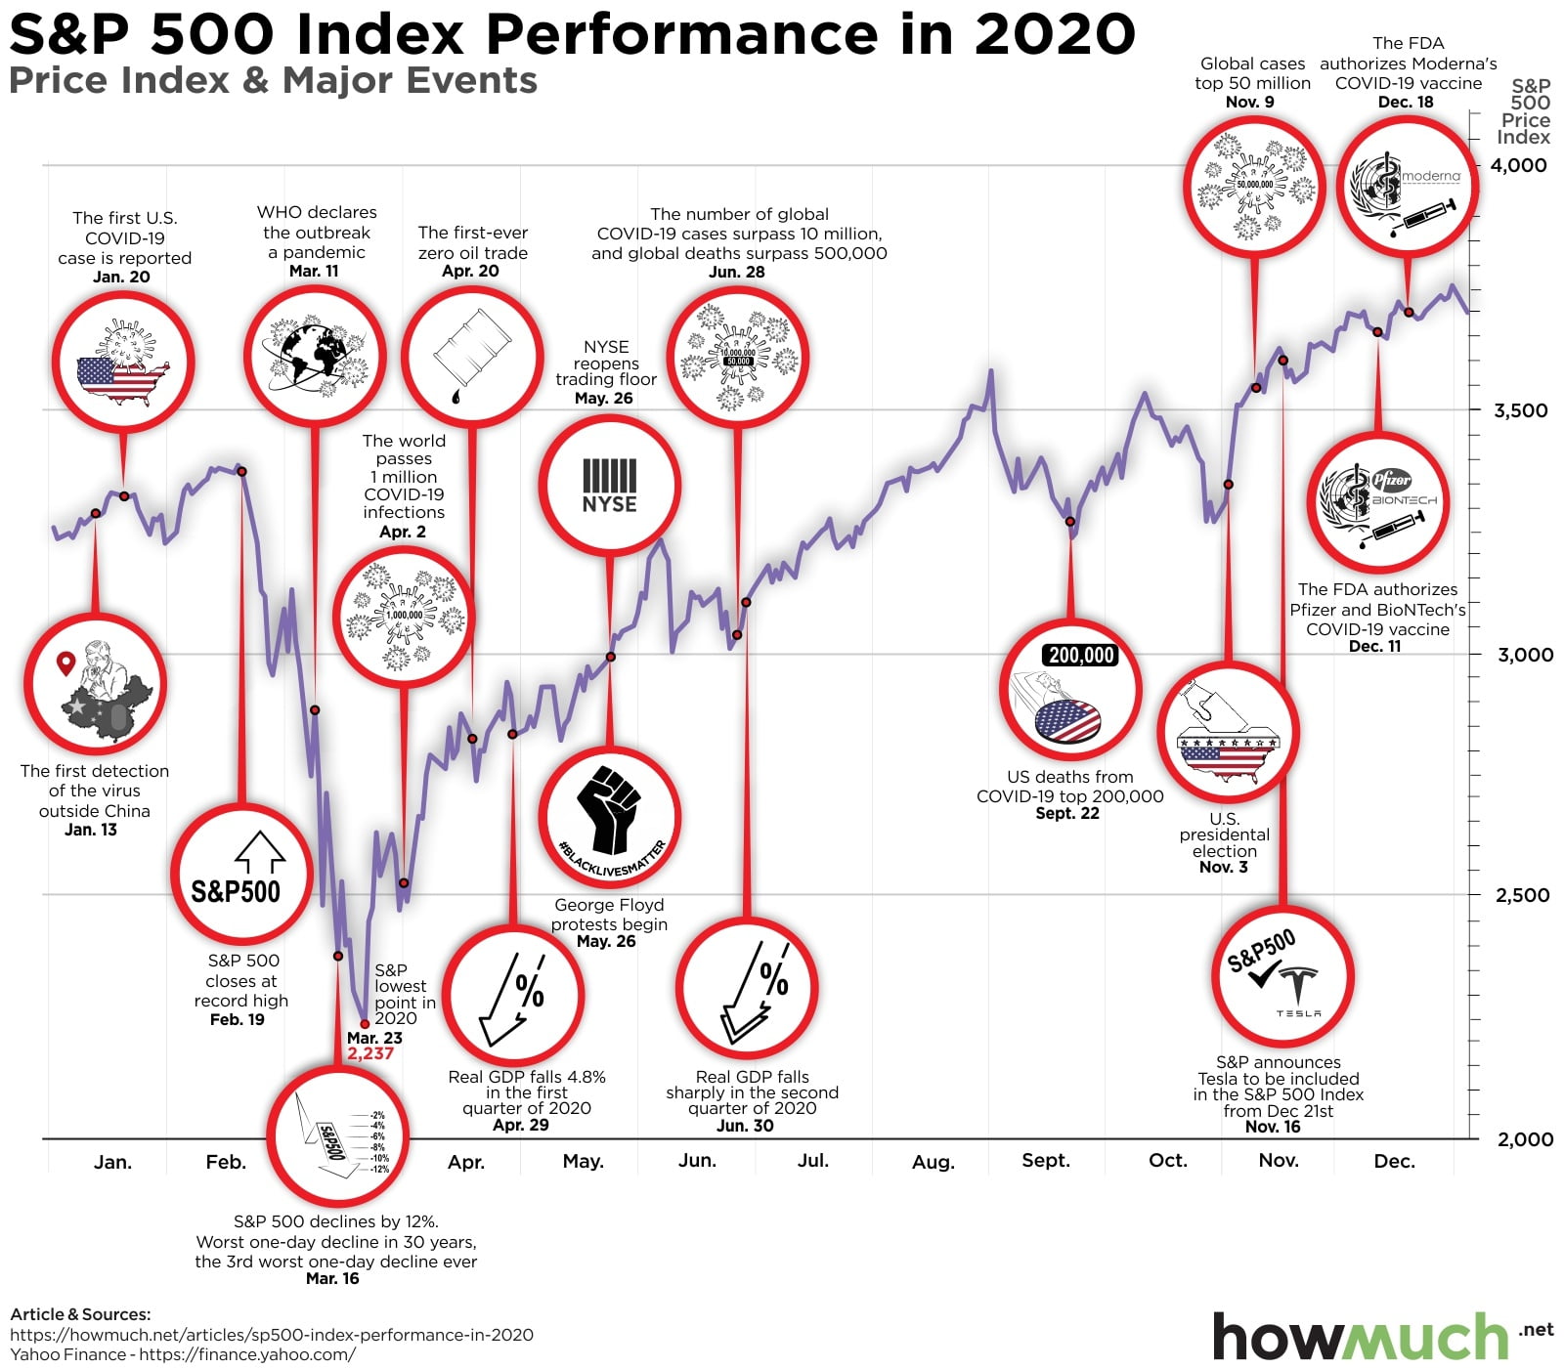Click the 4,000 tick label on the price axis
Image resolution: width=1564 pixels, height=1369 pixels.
coord(1518,165)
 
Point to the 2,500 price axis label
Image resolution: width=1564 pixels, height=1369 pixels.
coord(1522,894)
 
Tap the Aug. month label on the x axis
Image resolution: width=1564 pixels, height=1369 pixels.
coord(933,1162)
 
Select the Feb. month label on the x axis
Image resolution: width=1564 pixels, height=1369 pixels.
coord(226,1162)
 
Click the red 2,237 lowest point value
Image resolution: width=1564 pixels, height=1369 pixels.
coord(370,1053)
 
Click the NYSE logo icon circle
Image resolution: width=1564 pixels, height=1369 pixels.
coord(609,486)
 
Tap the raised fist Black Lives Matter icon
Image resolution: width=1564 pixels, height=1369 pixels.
coord(609,817)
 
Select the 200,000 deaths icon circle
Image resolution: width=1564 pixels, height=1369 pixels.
coord(1070,689)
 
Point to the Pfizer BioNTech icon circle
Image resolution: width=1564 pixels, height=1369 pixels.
coord(1378,502)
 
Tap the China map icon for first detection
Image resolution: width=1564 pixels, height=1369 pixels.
coord(96,685)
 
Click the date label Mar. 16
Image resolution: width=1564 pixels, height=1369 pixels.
coord(332,1278)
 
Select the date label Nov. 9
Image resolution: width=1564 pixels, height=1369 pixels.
coord(1249,102)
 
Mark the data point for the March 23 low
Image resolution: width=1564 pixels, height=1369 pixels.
coord(365,1024)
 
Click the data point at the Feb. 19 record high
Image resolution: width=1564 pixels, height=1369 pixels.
coord(242,472)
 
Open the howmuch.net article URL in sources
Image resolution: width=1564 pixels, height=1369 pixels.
coord(272,1335)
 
